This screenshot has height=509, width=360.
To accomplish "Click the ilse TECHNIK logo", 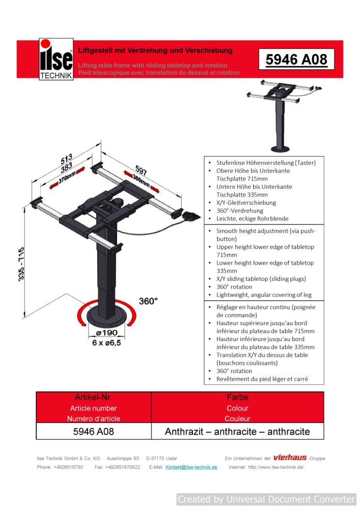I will [x=57, y=60].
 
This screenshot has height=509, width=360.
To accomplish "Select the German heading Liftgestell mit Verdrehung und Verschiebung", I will [x=155, y=50].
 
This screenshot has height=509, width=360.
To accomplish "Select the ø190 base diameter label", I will [x=107, y=333].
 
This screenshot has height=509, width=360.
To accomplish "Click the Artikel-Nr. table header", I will [x=94, y=397].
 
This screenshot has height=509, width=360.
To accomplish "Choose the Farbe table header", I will [x=237, y=397].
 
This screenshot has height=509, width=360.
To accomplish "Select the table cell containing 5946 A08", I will [x=94, y=432].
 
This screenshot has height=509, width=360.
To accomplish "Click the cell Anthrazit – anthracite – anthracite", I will [x=237, y=432].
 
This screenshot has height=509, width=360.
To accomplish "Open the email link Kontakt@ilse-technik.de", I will [x=191, y=467].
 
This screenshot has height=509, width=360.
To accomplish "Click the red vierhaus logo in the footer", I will [x=290, y=458].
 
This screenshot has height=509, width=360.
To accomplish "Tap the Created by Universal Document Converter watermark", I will [x=266, y=499].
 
